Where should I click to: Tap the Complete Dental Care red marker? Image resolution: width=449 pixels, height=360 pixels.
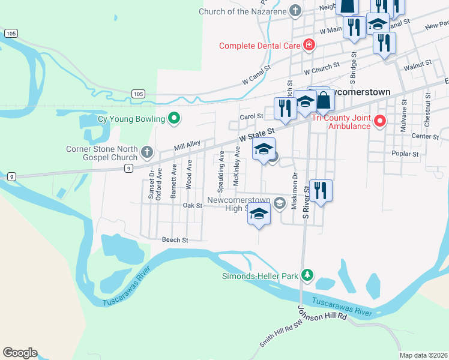[x=309, y=45]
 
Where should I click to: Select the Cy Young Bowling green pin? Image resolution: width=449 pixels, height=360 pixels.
[x=174, y=118]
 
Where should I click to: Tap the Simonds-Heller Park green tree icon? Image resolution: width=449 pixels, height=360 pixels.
[x=307, y=276]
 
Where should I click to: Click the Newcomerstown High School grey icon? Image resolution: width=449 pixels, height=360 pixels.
[x=279, y=204]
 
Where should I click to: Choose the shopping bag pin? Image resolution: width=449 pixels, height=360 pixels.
[x=323, y=101]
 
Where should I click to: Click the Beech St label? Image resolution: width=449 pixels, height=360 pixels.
[x=175, y=239]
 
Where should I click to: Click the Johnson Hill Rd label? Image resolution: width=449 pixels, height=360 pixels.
[x=323, y=313]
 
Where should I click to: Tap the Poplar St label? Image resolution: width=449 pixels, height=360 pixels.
[x=407, y=154]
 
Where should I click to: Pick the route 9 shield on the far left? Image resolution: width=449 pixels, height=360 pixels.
[x=11, y=176]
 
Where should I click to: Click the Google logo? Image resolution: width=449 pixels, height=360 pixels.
[x=20, y=353]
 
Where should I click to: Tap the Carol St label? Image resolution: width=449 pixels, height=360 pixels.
[x=252, y=116]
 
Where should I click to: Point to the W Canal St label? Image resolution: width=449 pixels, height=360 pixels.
[x=262, y=77]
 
